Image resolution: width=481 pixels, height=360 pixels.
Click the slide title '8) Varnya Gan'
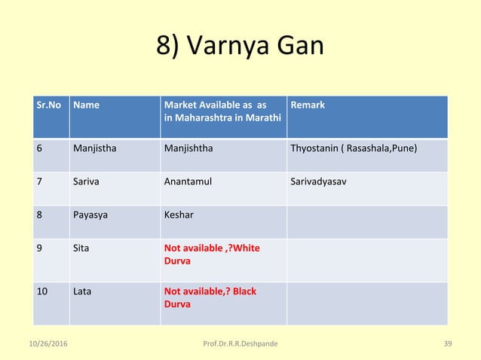pyautogui.click(x=240, y=47)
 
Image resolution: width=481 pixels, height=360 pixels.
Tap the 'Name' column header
pyautogui.click(x=86, y=105)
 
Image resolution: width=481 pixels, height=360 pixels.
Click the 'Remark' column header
pyautogui.click(x=308, y=105)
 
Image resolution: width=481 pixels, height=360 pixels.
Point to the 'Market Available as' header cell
pyautogui.click(x=222, y=111)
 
